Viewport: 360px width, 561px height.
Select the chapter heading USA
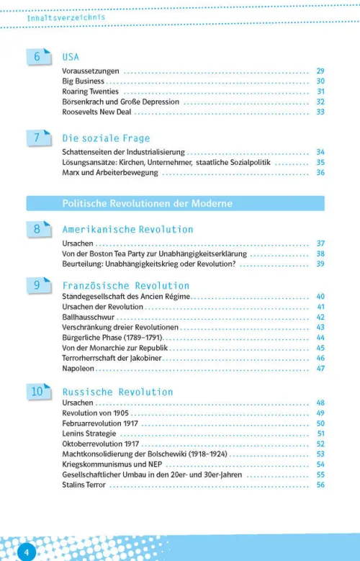(71, 57)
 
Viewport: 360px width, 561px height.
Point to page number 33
(320, 112)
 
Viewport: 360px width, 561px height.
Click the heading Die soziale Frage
(106, 138)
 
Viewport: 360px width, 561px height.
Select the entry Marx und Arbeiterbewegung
(110, 173)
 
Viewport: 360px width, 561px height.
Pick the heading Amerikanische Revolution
(127, 230)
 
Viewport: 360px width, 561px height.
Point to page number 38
(320, 254)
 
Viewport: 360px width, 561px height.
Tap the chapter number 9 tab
(37, 286)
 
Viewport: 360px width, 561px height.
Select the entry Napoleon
(78, 369)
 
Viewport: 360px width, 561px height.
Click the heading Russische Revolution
(117, 392)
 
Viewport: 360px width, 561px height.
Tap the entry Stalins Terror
(84, 485)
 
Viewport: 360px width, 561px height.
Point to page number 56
(320, 485)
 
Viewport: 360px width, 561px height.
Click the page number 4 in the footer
(26, 552)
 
